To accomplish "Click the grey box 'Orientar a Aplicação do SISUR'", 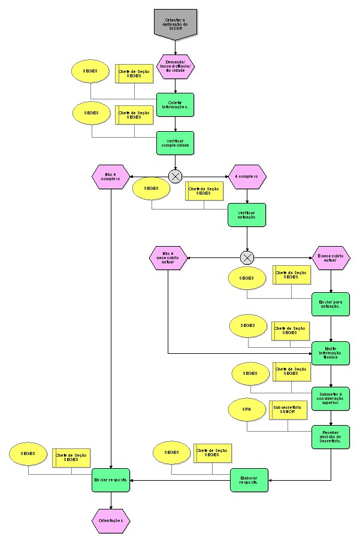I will point(175,23).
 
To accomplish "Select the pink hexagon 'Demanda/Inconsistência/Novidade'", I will point(176,66).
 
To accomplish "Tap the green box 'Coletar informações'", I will point(175,105).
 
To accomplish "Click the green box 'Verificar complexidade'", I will point(175,143).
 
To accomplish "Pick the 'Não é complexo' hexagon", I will point(111,177).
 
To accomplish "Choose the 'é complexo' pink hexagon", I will point(247,177).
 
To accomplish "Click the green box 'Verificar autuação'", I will point(246,215).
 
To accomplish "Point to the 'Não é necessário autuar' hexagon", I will point(168,258).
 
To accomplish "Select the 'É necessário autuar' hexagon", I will point(331,258).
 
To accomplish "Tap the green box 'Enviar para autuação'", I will point(331,304).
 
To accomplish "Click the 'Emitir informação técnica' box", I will point(331,353).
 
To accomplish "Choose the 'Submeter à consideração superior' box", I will point(331,398).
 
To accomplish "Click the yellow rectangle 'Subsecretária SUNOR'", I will point(288,409).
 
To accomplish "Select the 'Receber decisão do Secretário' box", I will point(331,436).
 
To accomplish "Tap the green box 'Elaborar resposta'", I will point(249,480).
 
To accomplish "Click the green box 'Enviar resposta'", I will point(111,480).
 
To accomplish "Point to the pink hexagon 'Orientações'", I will point(111,521).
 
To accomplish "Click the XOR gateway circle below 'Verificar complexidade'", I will point(176,177).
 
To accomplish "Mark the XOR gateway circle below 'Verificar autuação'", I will point(247,258).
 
